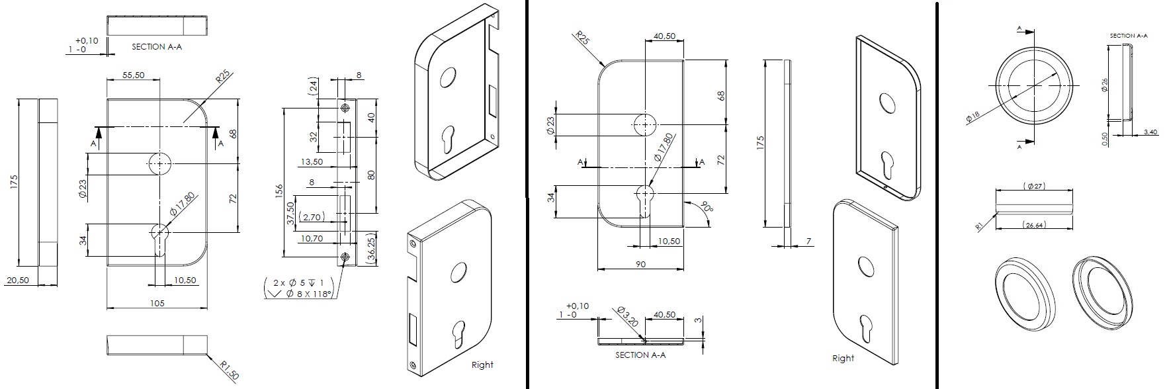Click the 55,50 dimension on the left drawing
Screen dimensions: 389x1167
click(x=134, y=75)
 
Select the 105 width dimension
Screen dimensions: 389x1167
click(x=157, y=303)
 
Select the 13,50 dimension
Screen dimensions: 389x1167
click(x=312, y=161)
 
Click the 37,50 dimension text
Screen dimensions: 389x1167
click(x=290, y=214)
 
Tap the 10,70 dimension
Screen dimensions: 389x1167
click(x=311, y=238)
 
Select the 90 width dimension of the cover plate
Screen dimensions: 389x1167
click(x=640, y=264)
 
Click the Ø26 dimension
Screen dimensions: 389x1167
click(x=1103, y=86)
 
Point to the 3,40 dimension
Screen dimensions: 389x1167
click(x=1150, y=132)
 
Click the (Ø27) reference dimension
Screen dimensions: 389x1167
click(x=1034, y=186)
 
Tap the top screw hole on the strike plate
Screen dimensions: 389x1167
click(x=344, y=107)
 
